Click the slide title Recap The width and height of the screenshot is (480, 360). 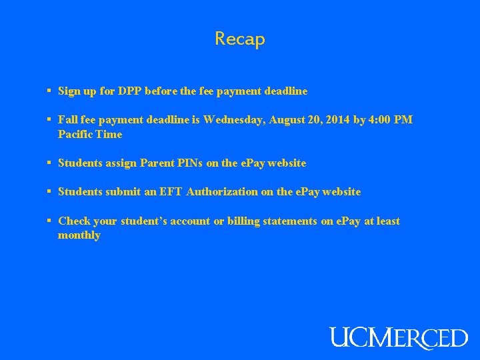click(240, 39)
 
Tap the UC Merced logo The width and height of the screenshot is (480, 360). click(399, 337)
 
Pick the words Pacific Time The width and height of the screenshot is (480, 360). click(90, 135)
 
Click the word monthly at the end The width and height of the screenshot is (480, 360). click(79, 235)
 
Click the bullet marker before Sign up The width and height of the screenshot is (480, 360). click(49, 91)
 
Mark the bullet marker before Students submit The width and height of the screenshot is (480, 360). click(49, 192)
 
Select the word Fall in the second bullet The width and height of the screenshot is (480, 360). click(68, 120)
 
